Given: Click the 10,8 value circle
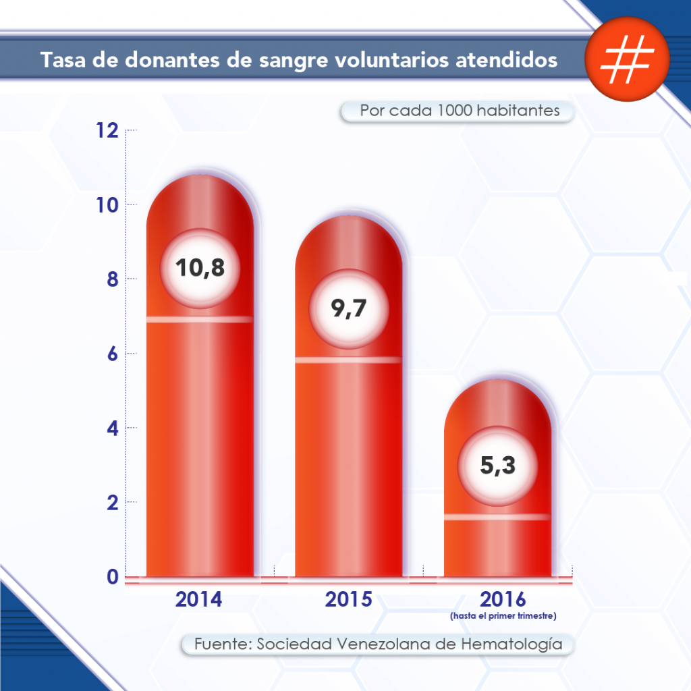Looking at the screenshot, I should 200,267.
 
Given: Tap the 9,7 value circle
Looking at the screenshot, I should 349,308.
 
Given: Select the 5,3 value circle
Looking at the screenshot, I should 497,466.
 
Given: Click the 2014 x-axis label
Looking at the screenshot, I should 199,599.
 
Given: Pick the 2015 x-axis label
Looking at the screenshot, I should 348,599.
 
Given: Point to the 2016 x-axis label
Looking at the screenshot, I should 503,599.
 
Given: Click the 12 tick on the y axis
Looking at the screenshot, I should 107,131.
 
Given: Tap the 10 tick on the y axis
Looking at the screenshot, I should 107,205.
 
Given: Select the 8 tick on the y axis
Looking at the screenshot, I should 113,279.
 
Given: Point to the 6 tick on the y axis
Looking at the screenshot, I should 113,354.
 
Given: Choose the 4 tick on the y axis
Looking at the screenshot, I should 113,428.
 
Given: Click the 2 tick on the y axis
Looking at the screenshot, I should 113,503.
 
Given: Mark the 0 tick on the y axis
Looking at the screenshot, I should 113,578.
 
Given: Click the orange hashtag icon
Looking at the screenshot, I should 627,59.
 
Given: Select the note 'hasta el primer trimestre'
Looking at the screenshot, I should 503,615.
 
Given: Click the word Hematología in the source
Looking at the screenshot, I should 512,644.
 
